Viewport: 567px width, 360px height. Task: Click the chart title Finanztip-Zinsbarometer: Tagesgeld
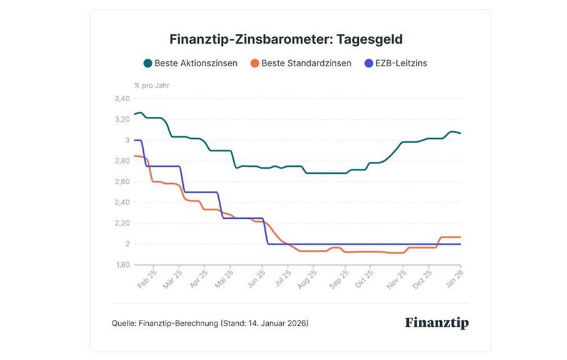tap(286, 39)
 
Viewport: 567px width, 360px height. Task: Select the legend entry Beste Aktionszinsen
tap(196, 63)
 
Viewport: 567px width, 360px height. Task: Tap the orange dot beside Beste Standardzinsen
tap(253, 63)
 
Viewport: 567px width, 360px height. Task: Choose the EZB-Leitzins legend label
tap(400, 63)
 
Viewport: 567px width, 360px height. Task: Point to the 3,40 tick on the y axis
tap(122, 99)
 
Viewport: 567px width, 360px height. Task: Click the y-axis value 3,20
tap(122, 119)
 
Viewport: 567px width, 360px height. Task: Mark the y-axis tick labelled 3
tap(127, 140)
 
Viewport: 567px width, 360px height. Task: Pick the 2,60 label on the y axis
tap(122, 182)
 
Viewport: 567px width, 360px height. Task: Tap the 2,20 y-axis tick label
tap(122, 223)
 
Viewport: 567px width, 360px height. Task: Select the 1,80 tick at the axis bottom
tap(122, 265)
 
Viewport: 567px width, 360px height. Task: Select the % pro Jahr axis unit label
tap(152, 85)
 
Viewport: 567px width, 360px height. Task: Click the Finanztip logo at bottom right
tap(436, 323)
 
